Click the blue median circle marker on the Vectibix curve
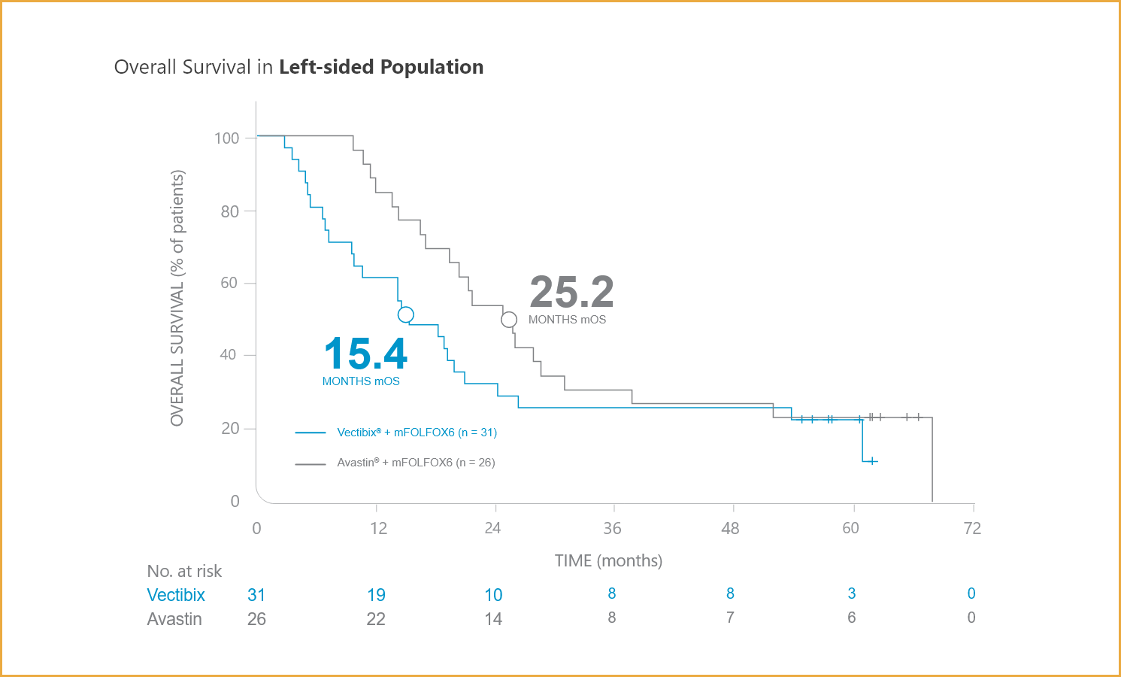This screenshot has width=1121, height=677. click(406, 315)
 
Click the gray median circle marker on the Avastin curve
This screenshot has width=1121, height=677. click(509, 320)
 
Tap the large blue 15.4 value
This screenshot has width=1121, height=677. click(365, 354)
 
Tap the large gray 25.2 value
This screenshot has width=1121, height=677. click(571, 292)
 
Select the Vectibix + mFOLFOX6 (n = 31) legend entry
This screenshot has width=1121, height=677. click(417, 433)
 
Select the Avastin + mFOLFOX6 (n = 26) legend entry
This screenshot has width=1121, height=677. click(416, 463)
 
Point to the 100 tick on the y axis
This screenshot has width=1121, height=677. click(227, 138)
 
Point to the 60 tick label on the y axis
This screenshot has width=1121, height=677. click(229, 283)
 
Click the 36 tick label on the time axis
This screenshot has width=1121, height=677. click(612, 528)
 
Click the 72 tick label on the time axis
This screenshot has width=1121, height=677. click(972, 528)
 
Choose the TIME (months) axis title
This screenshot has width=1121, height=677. click(608, 561)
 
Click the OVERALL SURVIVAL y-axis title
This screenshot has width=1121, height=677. click(177, 298)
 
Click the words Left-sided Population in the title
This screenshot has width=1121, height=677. click(381, 67)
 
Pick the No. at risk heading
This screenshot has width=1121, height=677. click(184, 571)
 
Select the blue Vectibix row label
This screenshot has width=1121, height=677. click(176, 595)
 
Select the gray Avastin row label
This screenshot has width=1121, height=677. click(174, 619)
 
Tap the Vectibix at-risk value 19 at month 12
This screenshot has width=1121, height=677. click(376, 595)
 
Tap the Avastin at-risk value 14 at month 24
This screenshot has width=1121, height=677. click(493, 619)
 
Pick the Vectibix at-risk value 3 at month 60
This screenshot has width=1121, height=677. click(851, 594)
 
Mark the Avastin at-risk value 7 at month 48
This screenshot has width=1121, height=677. click(730, 618)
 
